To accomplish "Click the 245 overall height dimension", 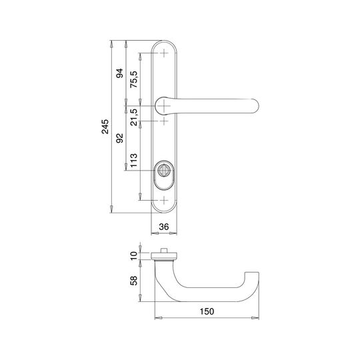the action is pyautogui.click(x=105, y=127).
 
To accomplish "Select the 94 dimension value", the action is pyautogui.click(x=119, y=73).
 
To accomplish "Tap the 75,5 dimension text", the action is pyautogui.click(x=133, y=79).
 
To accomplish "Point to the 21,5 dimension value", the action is pyautogui.click(x=133, y=117).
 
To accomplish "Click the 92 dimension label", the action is pyautogui.click(x=119, y=138).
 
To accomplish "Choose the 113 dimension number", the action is pyautogui.click(x=133, y=160).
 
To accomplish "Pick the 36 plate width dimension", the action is pyautogui.click(x=164, y=227).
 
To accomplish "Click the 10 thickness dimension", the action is pyautogui.click(x=133, y=256).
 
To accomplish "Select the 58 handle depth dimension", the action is pyautogui.click(x=133, y=280).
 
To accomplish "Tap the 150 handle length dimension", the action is pyautogui.click(x=207, y=311).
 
